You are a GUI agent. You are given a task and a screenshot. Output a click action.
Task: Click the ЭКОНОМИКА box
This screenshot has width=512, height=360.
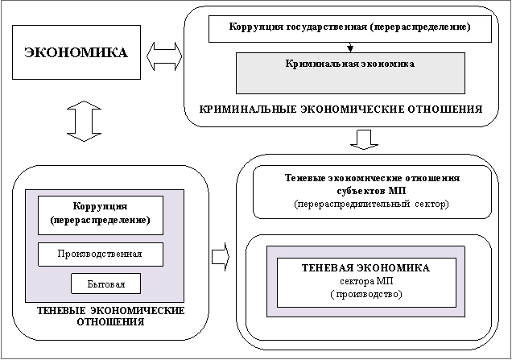tap(76, 53)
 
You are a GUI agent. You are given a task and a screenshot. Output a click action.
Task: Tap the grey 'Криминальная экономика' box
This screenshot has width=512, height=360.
tap(349, 72)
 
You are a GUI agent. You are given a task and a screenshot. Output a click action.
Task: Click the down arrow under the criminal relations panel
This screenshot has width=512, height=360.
tap(364, 139)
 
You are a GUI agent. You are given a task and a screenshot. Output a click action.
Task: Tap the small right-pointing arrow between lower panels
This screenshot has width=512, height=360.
tap(220, 257)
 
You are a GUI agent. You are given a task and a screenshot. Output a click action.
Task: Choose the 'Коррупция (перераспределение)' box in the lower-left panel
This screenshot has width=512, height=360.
tap(100, 213)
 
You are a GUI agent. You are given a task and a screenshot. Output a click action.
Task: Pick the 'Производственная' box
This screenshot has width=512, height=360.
tap(100, 254)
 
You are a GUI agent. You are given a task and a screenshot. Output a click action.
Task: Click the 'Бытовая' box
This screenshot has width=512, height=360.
tap(105, 283)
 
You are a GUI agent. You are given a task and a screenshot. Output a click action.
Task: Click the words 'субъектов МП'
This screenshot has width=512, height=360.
tap(371, 192)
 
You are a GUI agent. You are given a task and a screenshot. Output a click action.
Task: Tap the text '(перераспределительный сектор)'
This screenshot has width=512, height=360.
tap(371, 205)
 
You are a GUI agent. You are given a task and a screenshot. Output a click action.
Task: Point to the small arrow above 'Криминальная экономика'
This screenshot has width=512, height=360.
tap(349, 46)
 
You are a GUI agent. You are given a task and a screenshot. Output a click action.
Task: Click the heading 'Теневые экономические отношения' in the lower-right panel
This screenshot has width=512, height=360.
tap(371, 178)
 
